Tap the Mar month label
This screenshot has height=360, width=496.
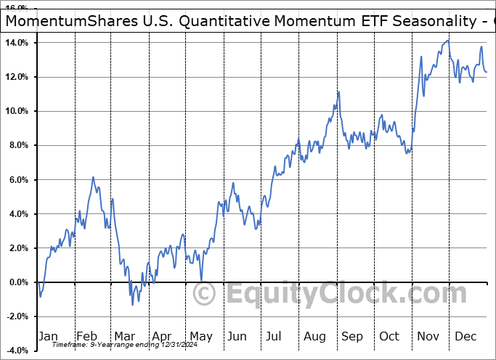[x=123, y=336]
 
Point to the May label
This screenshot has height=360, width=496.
[x=200, y=336]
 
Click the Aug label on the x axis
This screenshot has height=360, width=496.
[x=314, y=336]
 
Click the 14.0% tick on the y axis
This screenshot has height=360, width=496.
[x=17, y=43]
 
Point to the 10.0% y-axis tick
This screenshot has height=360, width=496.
[x=17, y=111]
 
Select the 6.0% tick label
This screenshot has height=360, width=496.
[x=19, y=179]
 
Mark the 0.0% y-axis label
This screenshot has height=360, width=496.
[x=19, y=282]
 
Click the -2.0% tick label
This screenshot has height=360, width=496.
[x=17, y=316]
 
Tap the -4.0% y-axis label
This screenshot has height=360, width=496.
[x=17, y=351]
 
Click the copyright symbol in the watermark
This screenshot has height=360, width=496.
[x=205, y=295]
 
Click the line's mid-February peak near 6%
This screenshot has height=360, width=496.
[x=93, y=177]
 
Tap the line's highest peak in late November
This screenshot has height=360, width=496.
[x=447, y=41]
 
